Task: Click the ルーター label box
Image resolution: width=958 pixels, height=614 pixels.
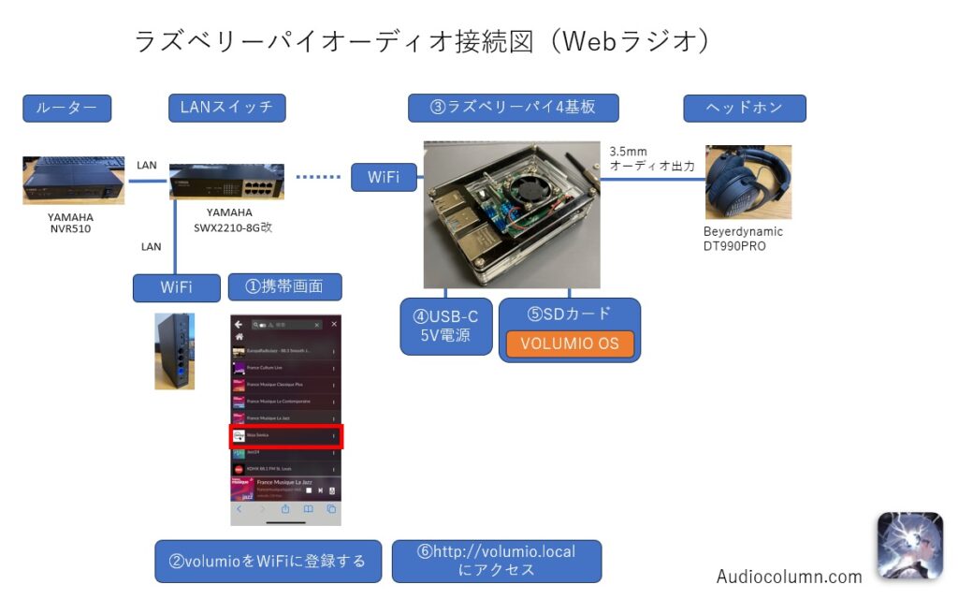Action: click(x=66, y=108)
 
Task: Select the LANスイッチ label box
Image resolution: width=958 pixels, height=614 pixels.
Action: click(x=226, y=108)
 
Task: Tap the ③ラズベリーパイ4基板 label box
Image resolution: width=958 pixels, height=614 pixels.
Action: click(x=513, y=108)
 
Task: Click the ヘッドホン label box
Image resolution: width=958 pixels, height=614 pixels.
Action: click(x=744, y=108)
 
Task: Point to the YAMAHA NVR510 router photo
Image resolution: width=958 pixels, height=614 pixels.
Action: click(x=73, y=180)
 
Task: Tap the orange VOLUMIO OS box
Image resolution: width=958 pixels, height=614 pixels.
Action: click(x=570, y=344)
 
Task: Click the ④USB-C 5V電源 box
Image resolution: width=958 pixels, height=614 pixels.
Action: click(x=446, y=326)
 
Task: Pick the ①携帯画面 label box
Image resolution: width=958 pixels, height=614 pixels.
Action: click(x=284, y=286)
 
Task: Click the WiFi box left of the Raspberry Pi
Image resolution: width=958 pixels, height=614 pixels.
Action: click(x=384, y=176)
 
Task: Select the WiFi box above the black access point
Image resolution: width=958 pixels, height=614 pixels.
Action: click(x=176, y=286)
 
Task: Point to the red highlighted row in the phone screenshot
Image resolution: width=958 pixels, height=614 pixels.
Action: click(x=286, y=435)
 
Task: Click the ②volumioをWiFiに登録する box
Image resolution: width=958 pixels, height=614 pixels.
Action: click(x=268, y=562)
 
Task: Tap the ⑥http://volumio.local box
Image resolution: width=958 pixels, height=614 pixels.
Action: click(x=497, y=561)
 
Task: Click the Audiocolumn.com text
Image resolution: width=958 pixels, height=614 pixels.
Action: click(x=789, y=577)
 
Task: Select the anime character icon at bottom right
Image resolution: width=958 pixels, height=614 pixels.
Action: click(x=909, y=546)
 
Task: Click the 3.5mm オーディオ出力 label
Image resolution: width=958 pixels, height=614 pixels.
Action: click(x=651, y=158)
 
